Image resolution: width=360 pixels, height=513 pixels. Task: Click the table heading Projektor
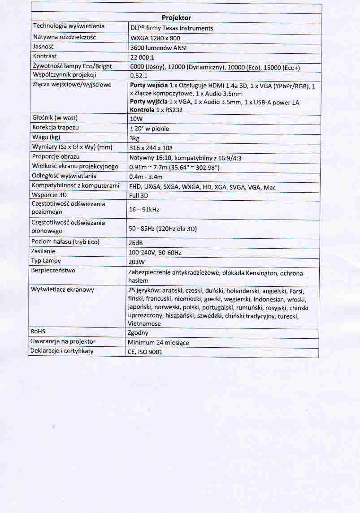176,18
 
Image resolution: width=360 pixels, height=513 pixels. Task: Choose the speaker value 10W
136,120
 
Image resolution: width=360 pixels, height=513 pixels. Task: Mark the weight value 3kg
134,138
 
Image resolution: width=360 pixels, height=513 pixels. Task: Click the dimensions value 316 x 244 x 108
151,148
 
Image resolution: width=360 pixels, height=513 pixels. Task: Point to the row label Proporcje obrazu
56,156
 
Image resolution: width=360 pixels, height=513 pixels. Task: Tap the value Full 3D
139,196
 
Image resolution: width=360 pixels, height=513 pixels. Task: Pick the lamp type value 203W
136,262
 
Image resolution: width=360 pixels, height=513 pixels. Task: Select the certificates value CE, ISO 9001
145,352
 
